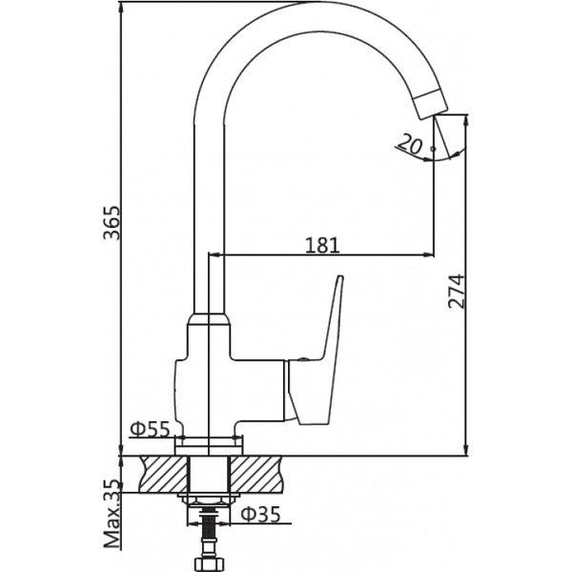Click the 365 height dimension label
tap(112, 223)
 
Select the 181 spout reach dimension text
tap(322, 244)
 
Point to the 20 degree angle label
tap(412, 143)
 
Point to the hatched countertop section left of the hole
tap(162, 473)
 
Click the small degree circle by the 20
tap(434, 149)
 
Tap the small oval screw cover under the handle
tap(299, 360)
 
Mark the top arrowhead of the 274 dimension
tap(466, 119)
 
